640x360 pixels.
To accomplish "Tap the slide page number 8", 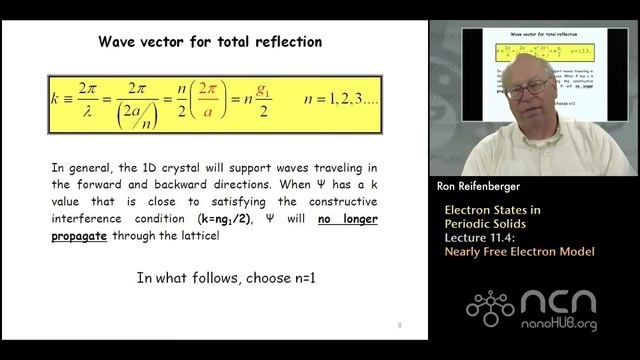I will [x=399, y=325].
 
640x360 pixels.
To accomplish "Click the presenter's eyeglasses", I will [x=527, y=89].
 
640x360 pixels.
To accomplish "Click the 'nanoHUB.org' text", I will [x=561, y=325].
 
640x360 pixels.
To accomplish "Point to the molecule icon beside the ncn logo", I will [x=490, y=308].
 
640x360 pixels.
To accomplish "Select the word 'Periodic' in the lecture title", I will [x=469, y=224].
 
